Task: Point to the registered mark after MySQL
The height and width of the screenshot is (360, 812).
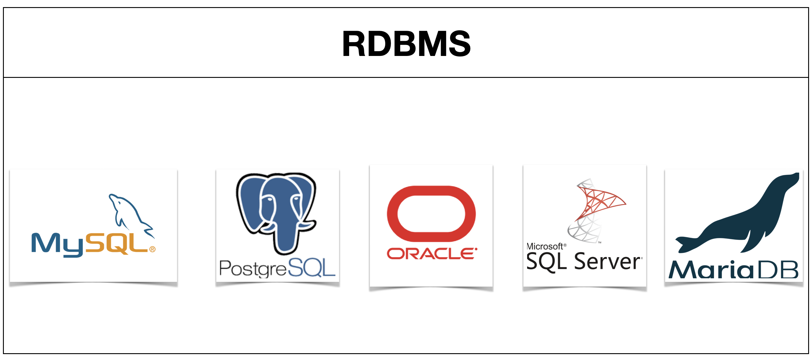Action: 153,249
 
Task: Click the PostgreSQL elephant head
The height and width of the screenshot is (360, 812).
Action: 276,202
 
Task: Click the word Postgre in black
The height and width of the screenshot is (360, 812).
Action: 253,269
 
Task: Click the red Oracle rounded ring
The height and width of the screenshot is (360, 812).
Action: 431,213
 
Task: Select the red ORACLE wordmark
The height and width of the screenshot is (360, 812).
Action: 431,254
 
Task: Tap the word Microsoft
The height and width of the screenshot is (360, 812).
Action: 545,246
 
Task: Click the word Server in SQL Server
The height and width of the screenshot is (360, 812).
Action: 607,262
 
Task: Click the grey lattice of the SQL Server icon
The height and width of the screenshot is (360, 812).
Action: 583,232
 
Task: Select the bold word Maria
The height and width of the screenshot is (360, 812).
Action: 711,270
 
